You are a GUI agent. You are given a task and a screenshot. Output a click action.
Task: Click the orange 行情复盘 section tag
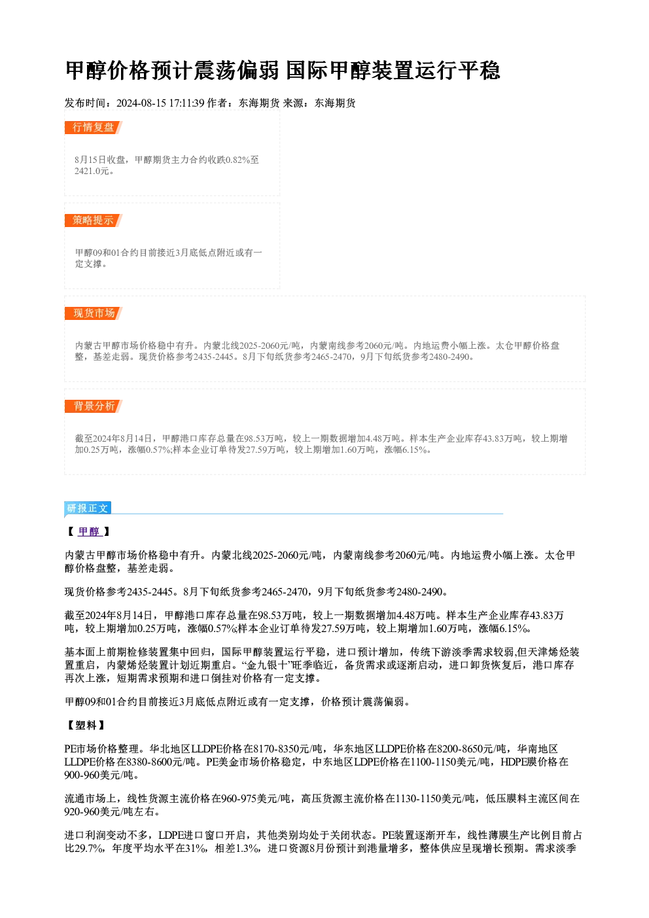coord(94,128)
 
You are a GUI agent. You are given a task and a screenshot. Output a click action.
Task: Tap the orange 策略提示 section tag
coord(94,221)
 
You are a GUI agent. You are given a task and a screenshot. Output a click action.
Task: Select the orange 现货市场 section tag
coord(94,313)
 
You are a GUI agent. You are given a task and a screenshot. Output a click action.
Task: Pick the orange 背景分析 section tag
coord(94,406)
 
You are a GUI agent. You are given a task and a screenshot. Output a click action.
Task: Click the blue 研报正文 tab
coord(88,508)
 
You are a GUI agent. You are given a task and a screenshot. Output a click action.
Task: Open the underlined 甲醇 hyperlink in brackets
coord(90,532)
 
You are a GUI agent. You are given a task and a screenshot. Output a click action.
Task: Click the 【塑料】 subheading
coord(86,726)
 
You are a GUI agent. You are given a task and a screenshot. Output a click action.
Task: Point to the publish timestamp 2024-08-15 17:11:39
coord(160,103)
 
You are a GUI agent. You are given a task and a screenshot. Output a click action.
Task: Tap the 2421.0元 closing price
coord(92,171)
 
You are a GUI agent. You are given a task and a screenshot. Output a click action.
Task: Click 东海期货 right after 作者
coord(259,103)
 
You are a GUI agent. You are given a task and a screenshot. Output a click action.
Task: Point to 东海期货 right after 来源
coord(335,103)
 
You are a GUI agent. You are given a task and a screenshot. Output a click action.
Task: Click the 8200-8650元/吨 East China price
coord(472,749)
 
